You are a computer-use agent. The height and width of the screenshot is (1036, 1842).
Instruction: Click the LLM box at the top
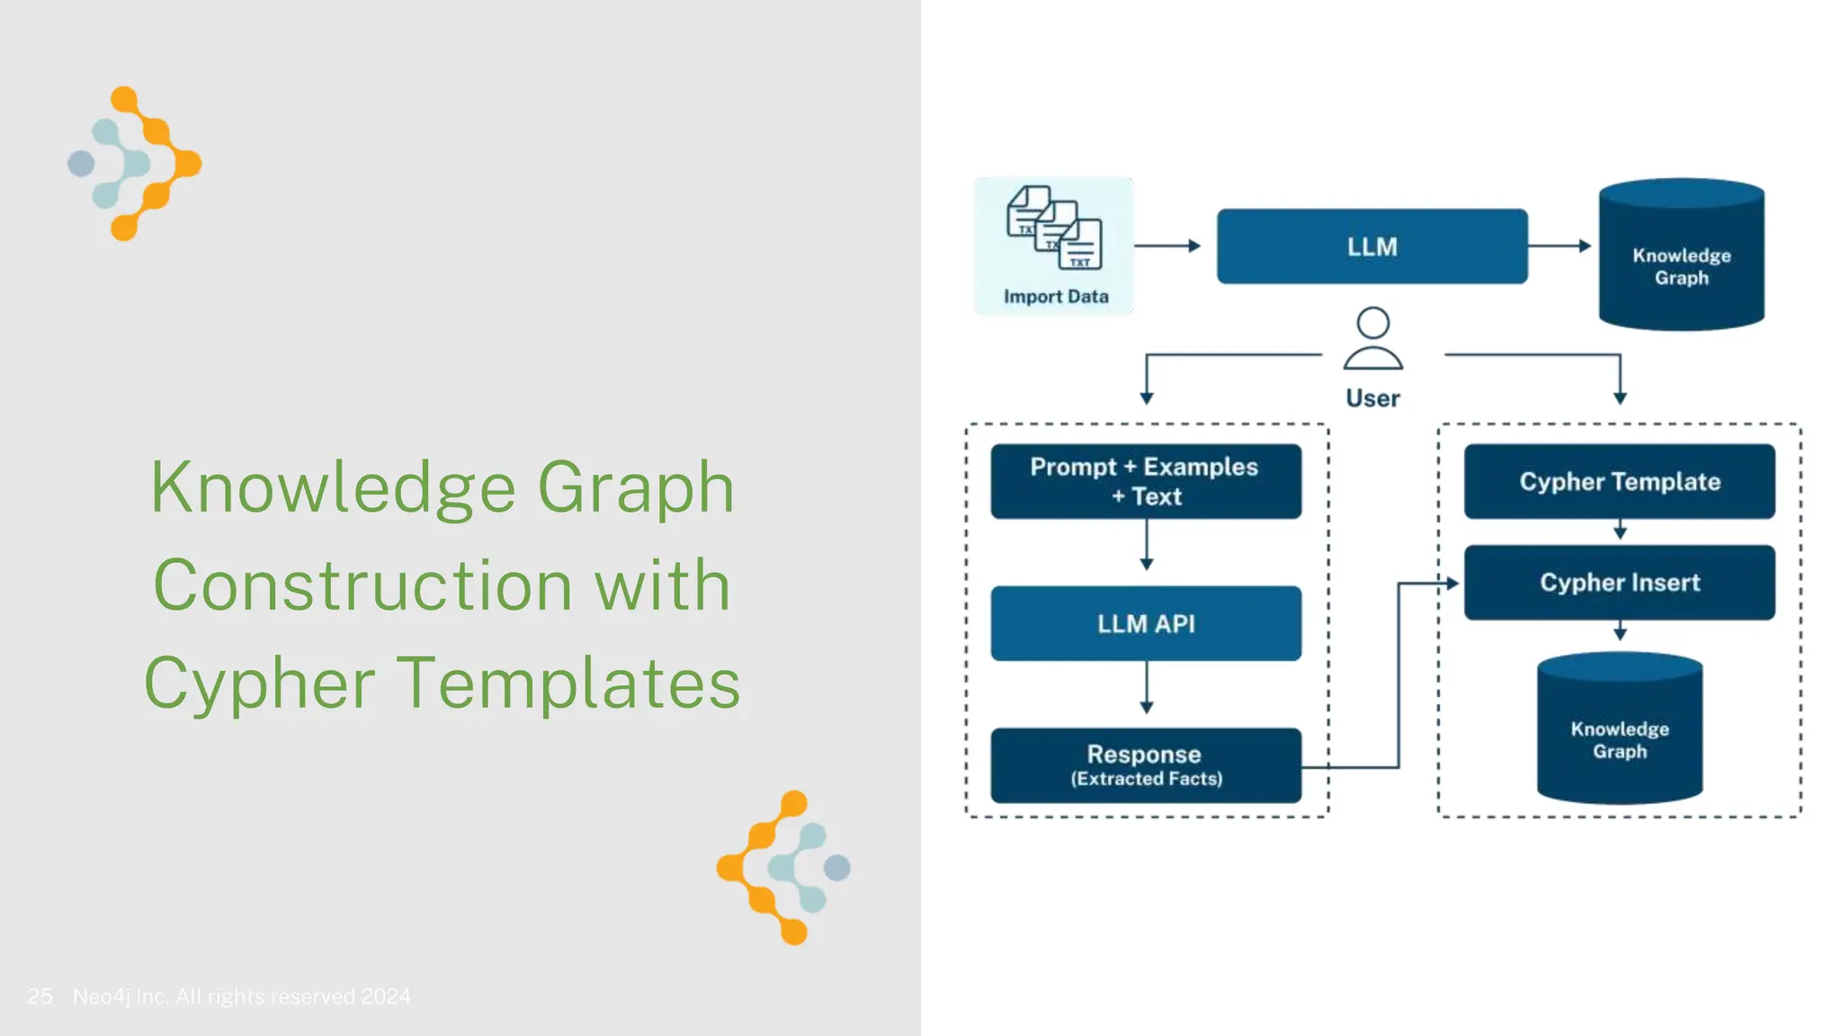pyautogui.click(x=1372, y=246)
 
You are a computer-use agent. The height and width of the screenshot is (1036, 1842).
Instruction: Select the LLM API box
pyautogui.click(x=1146, y=623)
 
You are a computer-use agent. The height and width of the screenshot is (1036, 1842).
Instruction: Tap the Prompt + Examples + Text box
pyautogui.click(x=1146, y=481)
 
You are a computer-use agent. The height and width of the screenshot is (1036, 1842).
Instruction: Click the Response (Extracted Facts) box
pyautogui.click(x=1146, y=765)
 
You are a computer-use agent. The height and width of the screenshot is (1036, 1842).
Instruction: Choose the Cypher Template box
pyautogui.click(x=1619, y=481)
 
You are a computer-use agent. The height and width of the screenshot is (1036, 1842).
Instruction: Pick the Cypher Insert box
pyautogui.click(x=1619, y=583)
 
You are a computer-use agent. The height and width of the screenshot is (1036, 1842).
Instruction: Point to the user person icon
pyautogui.click(x=1373, y=339)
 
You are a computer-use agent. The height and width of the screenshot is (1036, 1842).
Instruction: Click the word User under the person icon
pyautogui.click(x=1373, y=398)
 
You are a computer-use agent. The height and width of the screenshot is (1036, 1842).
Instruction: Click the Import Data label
pyautogui.click(x=1056, y=297)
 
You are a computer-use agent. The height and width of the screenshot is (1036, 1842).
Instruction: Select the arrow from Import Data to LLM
pyautogui.click(x=1167, y=246)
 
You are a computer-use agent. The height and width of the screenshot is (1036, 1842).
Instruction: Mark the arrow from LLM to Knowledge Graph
pyautogui.click(x=1560, y=246)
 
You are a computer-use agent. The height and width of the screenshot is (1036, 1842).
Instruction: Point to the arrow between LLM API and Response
pyautogui.click(x=1147, y=688)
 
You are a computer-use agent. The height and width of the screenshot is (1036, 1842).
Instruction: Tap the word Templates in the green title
pyautogui.click(x=568, y=683)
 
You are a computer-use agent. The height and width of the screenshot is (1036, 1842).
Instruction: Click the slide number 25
pyautogui.click(x=40, y=996)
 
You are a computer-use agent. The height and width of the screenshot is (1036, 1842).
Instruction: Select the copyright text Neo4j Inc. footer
pyautogui.click(x=241, y=996)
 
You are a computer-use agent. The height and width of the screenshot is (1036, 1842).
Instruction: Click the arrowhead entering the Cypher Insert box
pyautogui.click(x=1452, y=583)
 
